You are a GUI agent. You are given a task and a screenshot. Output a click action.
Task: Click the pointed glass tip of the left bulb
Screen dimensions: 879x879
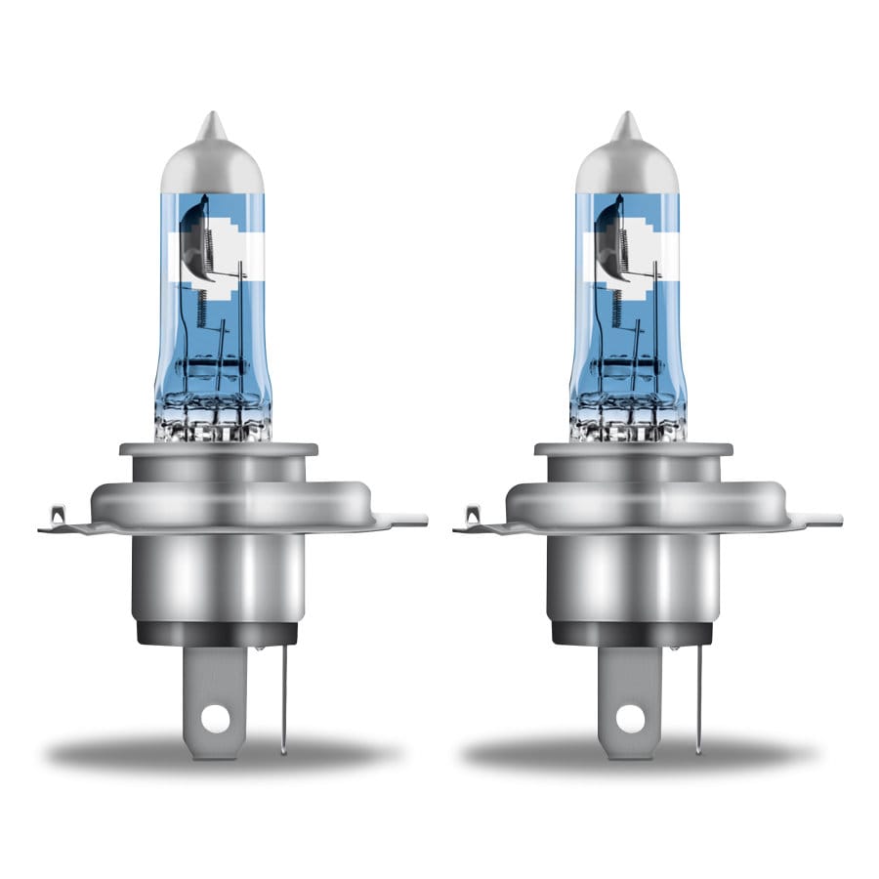[x=209, y=124]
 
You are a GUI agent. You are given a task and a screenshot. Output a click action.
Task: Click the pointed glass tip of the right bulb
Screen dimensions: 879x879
[x=624, y=124]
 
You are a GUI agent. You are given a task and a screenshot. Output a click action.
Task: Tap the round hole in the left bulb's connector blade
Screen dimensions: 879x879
[x=216, y=718]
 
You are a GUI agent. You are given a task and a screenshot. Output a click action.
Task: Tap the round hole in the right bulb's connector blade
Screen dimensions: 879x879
[x=631, y=718]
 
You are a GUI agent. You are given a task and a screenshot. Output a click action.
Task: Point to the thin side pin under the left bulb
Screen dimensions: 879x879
[x=284, y=698]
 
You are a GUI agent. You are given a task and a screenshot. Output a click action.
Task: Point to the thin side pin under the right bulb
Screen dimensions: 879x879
[x=699, y=698]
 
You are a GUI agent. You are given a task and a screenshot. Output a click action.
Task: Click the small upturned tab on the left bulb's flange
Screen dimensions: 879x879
[x=60, y=514]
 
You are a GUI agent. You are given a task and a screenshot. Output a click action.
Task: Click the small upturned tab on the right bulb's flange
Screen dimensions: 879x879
[x=475, y=514]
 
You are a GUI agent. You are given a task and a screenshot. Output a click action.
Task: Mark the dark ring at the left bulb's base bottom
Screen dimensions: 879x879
[x=217, y=633]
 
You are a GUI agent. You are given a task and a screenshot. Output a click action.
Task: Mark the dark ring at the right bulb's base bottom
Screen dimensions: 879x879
[x=632, y=633]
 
